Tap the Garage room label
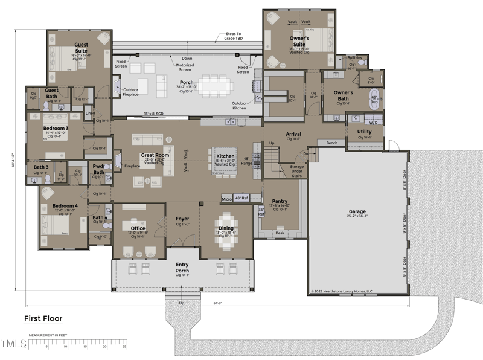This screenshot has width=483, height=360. coord(357,212)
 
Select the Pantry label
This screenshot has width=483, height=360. coord(280,201)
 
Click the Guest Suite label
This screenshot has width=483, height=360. coord(81,47)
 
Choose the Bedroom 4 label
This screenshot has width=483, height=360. coord(65,206)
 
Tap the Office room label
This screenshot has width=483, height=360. coord(138,228)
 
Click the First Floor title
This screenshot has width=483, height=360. coord(43,318)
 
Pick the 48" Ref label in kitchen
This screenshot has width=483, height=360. coord(241,198)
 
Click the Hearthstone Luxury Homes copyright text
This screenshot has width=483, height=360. coord(342,291)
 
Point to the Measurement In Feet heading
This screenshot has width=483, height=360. coord(48,335)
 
